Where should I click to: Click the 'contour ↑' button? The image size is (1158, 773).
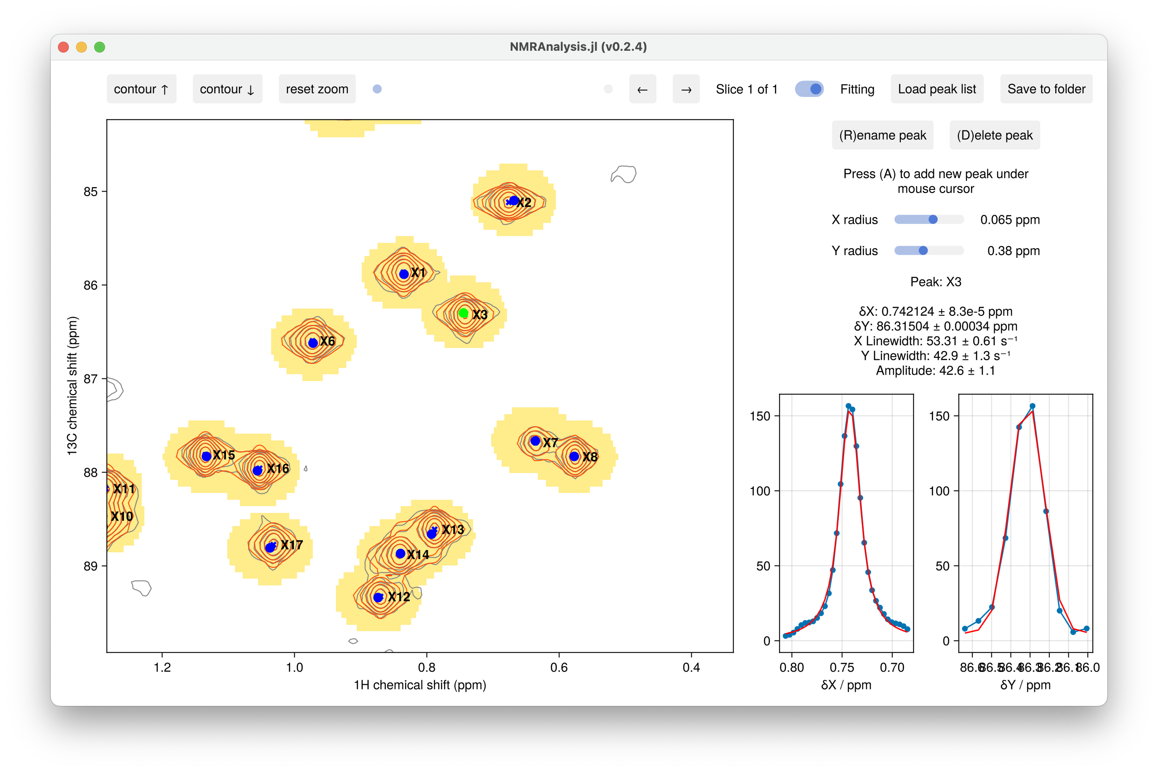coord(141,89)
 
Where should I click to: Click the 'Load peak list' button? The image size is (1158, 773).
coord(936,89)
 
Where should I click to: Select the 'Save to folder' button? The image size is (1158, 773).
coord(1046,89)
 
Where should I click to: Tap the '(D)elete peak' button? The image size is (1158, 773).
coord(994,135)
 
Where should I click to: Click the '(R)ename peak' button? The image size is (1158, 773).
coord(882,135)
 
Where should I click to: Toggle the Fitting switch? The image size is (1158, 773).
coord(809,89)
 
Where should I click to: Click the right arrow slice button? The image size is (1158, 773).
coord(686,89)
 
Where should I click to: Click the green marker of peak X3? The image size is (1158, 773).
coord(463,313)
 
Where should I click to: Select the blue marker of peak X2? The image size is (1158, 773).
coord(514,201)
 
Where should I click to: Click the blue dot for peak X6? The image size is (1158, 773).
coord(313,343)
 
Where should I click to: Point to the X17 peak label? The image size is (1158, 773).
coord(292,545)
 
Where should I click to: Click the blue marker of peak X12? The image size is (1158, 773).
coord(378,598)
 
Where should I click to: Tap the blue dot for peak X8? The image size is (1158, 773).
coord(574,456)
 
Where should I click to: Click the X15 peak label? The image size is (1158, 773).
coord(224,455)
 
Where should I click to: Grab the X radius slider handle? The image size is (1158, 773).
coord(933,219)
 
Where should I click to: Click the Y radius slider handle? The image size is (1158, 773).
coord(923,251)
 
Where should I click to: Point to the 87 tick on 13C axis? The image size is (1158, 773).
coord(91,379)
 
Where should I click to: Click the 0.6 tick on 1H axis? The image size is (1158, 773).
coord(559,667)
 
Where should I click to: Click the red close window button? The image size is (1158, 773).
coord(63,47)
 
